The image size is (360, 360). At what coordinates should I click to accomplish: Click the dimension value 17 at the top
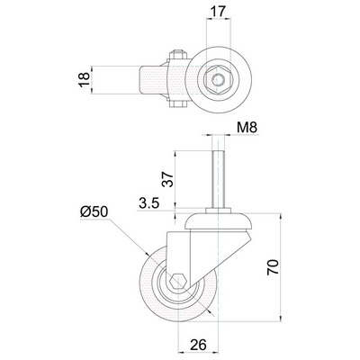[x=219, y=12]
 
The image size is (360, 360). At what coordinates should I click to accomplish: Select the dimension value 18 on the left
[x=85, y=80]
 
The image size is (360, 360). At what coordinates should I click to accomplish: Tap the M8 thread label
[x=247, y=128]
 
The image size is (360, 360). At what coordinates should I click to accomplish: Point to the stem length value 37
[x=169, y=179]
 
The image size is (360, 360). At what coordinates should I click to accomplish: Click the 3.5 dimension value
[x=148, y=204]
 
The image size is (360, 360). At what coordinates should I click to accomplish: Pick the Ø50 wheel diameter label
[x=94, y=212]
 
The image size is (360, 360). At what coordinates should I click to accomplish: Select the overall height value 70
[x=274, y=267]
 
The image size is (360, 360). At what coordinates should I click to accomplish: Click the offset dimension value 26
[x=198, y=345]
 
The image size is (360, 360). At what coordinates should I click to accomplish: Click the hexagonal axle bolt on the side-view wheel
[x=179, y=281]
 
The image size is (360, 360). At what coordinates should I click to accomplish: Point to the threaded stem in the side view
[x=218, y=179]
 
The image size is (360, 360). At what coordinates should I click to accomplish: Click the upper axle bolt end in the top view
[x=178, y=54]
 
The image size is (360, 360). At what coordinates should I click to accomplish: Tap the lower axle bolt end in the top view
[x=178, y=104]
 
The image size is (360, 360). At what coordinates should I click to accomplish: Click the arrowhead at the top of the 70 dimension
[x=281, y=215]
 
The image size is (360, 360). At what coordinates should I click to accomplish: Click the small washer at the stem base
[x=218, y=211]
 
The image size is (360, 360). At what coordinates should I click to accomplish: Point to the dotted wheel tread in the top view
[x=153, y=80]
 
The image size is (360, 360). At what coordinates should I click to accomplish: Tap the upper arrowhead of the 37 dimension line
[x=175, y=154]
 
